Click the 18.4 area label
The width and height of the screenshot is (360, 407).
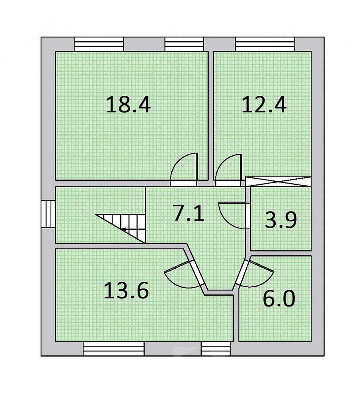[x=128, y=105]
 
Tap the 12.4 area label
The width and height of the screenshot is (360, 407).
[x=264, y=105]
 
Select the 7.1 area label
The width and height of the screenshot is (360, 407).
[x=189, y=212]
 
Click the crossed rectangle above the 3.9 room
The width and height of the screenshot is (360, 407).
[x=278, y=181]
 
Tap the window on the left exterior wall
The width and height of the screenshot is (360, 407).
[x=48, y=214]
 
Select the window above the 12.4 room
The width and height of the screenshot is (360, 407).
[x=265, y=44]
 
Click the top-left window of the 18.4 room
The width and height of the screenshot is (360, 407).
[x=99, y=44]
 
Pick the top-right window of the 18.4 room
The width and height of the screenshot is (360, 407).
[x=184, y=44]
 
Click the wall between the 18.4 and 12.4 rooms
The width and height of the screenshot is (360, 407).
[x=211, y=116]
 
